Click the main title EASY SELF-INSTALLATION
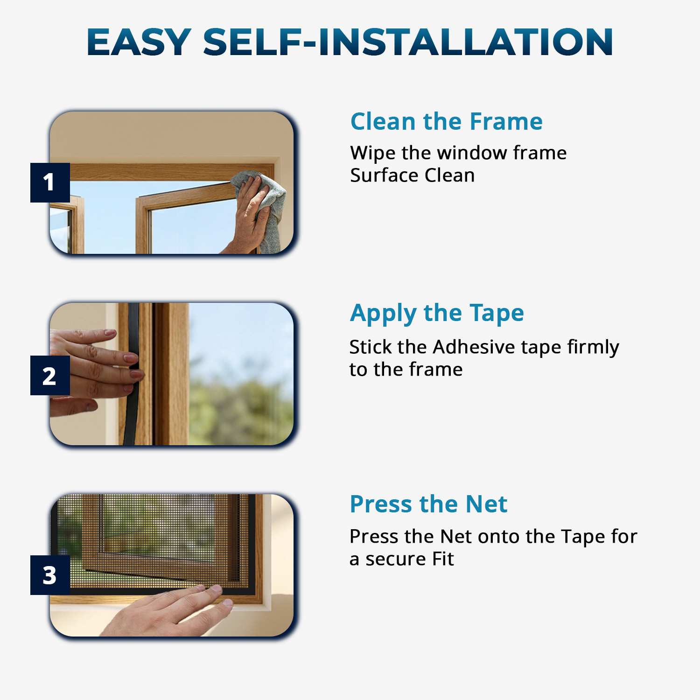tap(350, 42)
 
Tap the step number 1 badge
tap(49, 182)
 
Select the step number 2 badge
tap(49, 376)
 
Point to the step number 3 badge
tap(49, 575)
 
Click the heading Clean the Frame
tap(446, 121)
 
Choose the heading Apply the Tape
tap(437, 313)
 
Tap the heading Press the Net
tap(428, 504)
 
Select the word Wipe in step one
tap(372, 153)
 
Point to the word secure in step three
tap(395, 559)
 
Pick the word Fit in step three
tap(443, 559)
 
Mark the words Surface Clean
tap(412, 175)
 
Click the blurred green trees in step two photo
tap(243, 406)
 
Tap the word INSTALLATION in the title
tap(465, 42)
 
